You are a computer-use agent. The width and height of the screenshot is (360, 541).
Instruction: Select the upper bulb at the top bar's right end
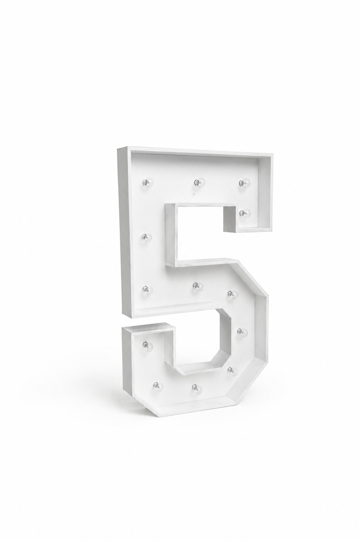point(245,183)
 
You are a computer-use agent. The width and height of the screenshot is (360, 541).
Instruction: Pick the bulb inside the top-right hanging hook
point(245,213)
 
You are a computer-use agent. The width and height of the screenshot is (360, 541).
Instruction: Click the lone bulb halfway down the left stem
point(147,238)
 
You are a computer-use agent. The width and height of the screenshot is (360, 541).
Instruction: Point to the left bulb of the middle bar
point(147,289)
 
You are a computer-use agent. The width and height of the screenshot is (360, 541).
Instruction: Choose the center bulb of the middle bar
point(198,287)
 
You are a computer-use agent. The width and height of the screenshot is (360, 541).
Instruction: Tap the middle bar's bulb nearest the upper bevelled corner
point(233,294)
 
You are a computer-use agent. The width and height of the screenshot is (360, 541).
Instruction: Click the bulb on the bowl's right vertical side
point(242,333)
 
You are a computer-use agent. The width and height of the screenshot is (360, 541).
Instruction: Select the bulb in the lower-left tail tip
point(148,347)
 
